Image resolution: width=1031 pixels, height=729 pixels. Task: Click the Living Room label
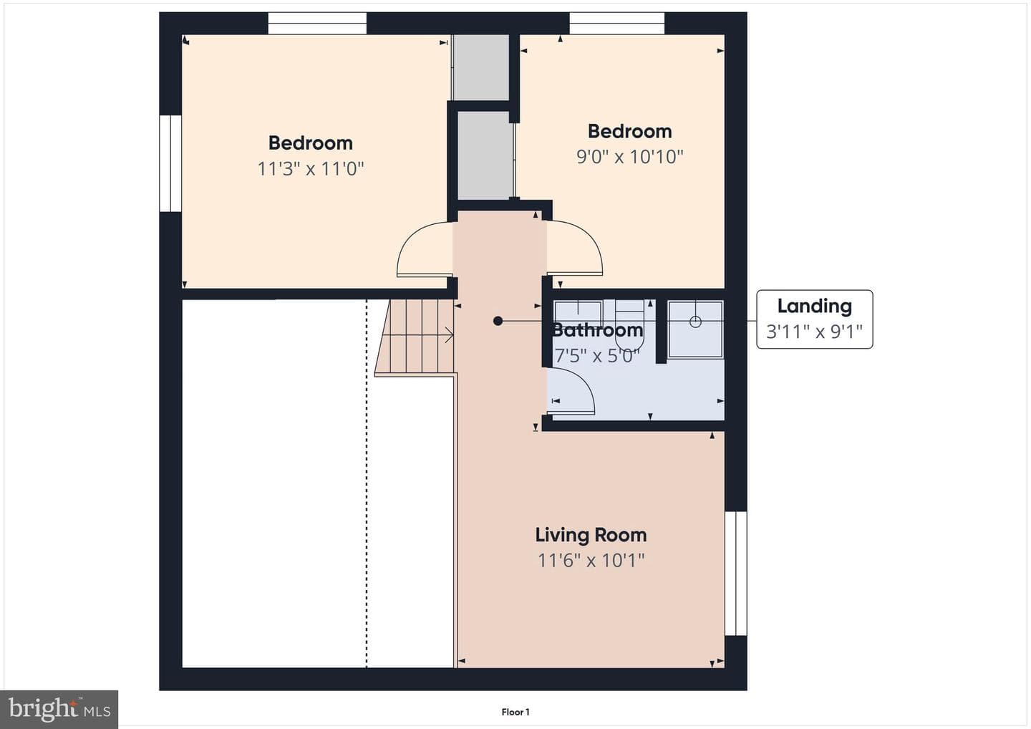pos(591,535)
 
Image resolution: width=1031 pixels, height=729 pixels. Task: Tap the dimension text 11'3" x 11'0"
pos(310,169)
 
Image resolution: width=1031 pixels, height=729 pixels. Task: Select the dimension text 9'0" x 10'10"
pos(629,157)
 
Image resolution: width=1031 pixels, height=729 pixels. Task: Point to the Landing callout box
pos(815,319)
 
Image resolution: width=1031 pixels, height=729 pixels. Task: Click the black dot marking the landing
pos(498,321)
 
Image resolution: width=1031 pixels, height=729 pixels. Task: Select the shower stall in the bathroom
pos(695,329)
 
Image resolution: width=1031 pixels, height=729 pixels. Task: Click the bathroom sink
pos(578,315)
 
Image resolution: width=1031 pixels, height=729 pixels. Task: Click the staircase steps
pos(415,337)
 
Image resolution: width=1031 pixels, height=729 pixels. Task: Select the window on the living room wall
pos(735,574)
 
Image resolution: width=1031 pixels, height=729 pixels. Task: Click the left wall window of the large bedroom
pos(170,163)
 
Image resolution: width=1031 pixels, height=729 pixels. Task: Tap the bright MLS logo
pos(59,709)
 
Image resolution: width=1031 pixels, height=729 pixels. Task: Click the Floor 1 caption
pos(515,712)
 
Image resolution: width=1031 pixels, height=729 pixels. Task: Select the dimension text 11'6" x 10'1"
pos(591,561)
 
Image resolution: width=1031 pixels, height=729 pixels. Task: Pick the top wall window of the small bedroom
pos(616,23)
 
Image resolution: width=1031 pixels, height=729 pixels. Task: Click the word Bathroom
pos(597,330)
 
